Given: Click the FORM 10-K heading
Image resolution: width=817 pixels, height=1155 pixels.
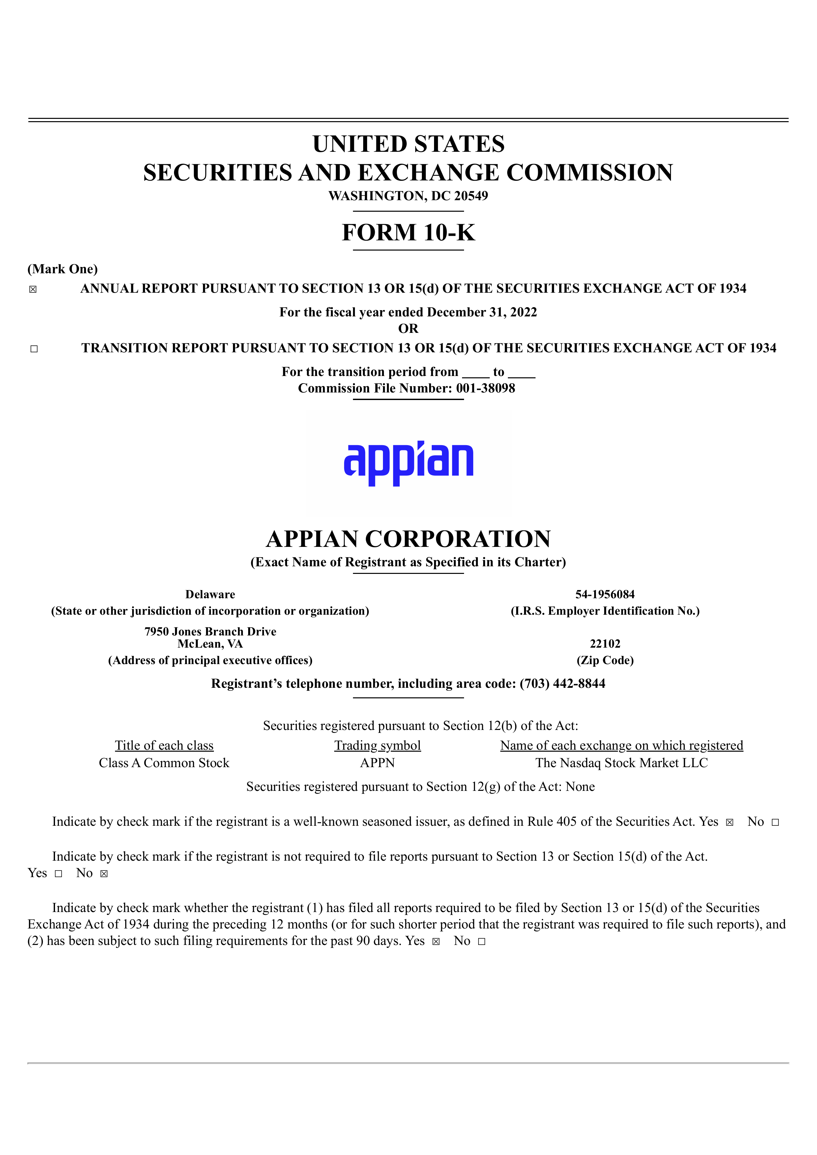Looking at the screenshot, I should pyautogui.click(x=408, y=232).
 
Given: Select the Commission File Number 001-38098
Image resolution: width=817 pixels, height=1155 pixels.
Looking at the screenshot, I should pyautogui.click(x=485, y=389).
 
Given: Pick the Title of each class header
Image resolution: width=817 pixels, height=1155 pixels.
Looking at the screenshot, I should pyautogui.click(x=164, y=745).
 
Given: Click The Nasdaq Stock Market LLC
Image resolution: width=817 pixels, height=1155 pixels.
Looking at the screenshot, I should pyautogui.click(x=621, y=763).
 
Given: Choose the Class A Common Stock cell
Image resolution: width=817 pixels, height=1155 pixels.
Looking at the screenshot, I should pyautogui.click(x=164, y=763).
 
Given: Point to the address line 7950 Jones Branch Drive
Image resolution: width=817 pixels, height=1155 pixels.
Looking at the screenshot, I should pyautogui.click(x=210, y=631).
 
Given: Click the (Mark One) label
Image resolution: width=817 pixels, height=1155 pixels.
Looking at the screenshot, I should pyautogui.click(x=62, y=269).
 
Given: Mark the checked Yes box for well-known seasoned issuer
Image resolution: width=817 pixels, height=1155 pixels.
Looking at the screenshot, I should pyautogui.click(x=729, y=822).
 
